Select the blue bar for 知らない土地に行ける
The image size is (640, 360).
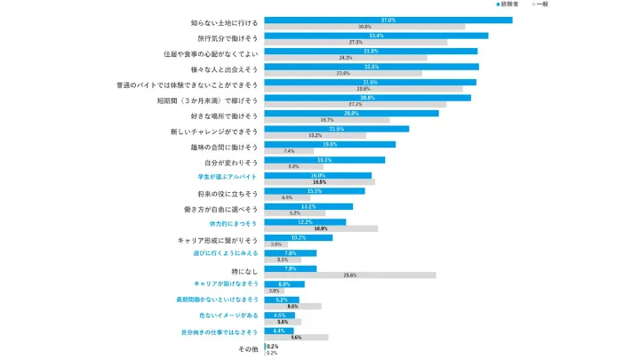[x=388, y=20]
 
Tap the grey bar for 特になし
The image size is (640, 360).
[x=350, y=276]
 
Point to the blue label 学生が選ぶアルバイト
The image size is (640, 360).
[x=228, y=178]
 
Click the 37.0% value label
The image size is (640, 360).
[x=388, y=20]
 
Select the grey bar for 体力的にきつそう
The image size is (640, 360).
[x=321, y=228]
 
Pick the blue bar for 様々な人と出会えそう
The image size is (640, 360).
[x=372, y=67]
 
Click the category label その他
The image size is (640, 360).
[x=248, y=349]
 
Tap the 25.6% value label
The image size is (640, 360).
[x=350, y=276]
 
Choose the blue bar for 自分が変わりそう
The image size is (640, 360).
[x=324, y=160]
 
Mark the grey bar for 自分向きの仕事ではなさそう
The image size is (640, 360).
[x=297, y=338]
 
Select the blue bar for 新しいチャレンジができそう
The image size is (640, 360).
[x=337, y=129]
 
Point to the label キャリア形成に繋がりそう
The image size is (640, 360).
[x=218, y=240]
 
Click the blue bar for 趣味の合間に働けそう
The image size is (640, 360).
[x=330, y=144]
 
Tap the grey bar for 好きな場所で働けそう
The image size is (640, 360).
[x=327, y=120]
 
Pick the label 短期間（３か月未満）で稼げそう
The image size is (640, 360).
[x=207, y=100]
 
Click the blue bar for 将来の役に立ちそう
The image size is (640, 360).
[x=315, y=191]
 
